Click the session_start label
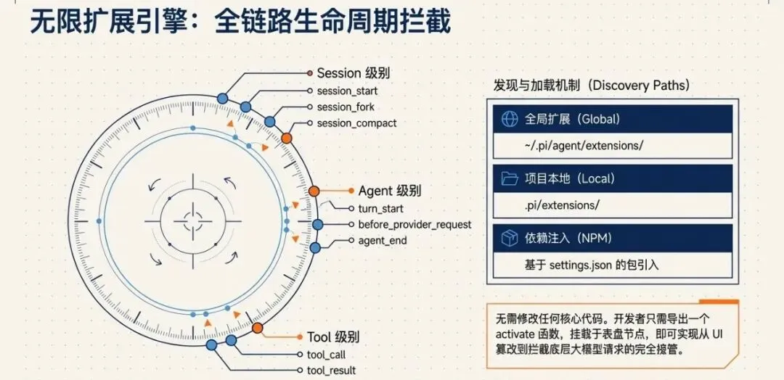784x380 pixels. pyautogui.click(x=347, y=91)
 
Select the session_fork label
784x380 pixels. pyautogui.click(x=346, y=107)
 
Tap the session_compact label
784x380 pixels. pyautogui.click(x=356, y=123)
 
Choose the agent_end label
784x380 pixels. pyautogui.click(x=383, y=241)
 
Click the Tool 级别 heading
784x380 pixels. pyautogui.click(x=333, y=337)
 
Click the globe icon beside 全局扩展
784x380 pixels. pyautogui.click(x=508, y=119)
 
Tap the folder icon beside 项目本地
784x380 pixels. pyautogui.click(x=508, y=178)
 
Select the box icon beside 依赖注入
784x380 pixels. pyautogui.click(x=508, y=237)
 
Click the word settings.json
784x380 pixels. pyautogui.click(x=576, y=265)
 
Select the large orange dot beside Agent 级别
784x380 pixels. pyautogui.click(x=314, y=191)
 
